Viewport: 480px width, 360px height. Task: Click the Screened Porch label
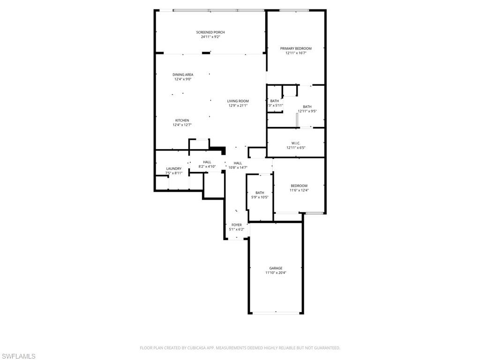(x=210, y=32)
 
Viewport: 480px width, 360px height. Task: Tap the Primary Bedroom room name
(x=296, y=48)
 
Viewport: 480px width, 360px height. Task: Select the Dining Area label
(x=183, y=75)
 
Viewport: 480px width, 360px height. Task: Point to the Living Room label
(x=238, y=101)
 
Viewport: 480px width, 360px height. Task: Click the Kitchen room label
(x=182, y=120)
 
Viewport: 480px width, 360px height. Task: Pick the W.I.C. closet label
(x=296, y=143)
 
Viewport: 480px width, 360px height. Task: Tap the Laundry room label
(x=173, y=169)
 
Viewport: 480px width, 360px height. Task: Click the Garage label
(x=276, y=268)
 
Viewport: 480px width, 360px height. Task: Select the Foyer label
(x=237, y=225)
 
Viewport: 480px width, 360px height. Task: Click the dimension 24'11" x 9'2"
(x=210, y=37)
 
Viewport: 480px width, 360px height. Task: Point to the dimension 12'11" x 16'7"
(x=296, y=53)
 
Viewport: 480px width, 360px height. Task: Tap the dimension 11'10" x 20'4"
(x=276, y=273)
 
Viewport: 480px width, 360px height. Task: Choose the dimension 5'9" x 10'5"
(x=260, y=197)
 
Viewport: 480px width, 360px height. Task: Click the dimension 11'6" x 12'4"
(x=299, y=190)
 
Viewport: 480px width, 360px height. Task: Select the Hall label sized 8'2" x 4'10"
(x=207, y=162)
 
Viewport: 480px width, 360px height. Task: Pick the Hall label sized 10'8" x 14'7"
(x=238, y=163)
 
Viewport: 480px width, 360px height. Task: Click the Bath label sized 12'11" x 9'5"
(x=307, y=106)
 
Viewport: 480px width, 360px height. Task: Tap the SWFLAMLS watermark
(x=18, y=357)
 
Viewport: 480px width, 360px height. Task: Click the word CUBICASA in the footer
(x=191, y=348)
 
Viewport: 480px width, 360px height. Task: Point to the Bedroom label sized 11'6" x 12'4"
(x=299, y=186)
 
